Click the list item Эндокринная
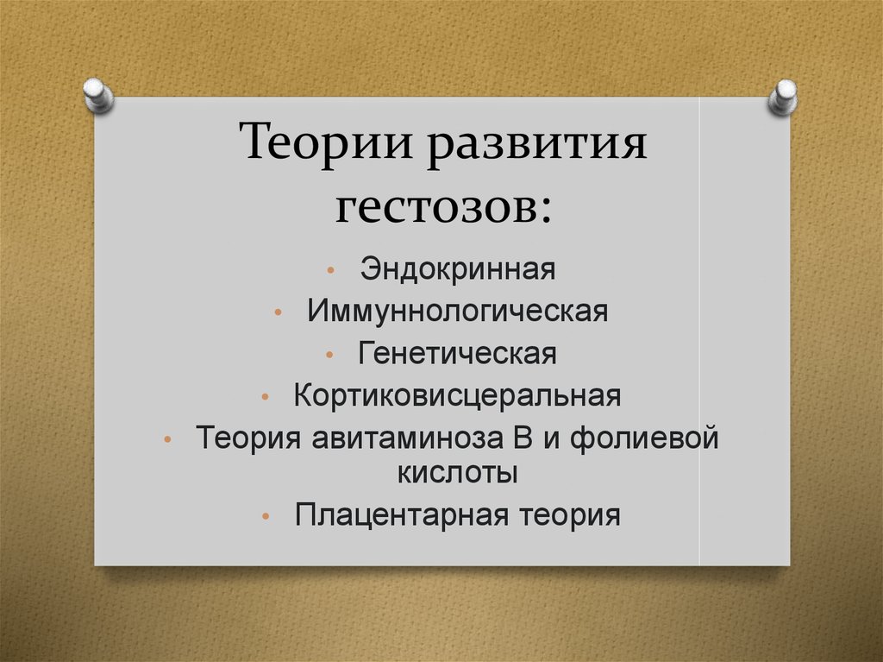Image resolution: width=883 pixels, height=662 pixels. click(x=458, y=268)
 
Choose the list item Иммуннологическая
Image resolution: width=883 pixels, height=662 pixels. click(x=457, y=311)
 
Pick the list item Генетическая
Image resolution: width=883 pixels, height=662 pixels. click(x=458, y=353)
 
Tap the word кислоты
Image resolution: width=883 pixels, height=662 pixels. click(x=458, y=472)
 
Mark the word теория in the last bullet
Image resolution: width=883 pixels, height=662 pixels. click(x=570, y=515)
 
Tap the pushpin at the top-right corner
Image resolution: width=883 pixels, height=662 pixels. click(x=783, y=97)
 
